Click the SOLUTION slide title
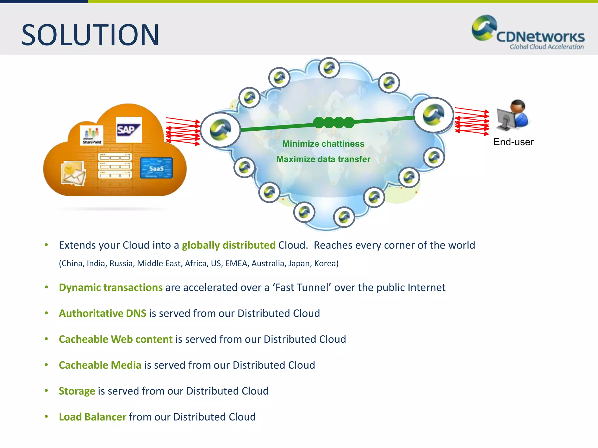coord(90,35)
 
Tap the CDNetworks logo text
coord(540,37)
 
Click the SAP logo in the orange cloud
coord(129,129)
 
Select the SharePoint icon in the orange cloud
coord(92,135)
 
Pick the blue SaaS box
coord(157,168)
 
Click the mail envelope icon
coord(73,173)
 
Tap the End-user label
coord(513,142)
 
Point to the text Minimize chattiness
coord(323,144)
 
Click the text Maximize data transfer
coord(323,159)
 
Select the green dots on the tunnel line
coord(333,123)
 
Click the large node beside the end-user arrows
coord(434,115)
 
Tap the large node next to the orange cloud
coord(220,130)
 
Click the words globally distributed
coord(229,245)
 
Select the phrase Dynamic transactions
coord(111,288)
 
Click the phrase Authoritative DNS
coord(102,313)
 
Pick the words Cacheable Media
coord(100,365)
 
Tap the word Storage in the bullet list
coord(77,391)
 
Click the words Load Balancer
coord(93,417)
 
